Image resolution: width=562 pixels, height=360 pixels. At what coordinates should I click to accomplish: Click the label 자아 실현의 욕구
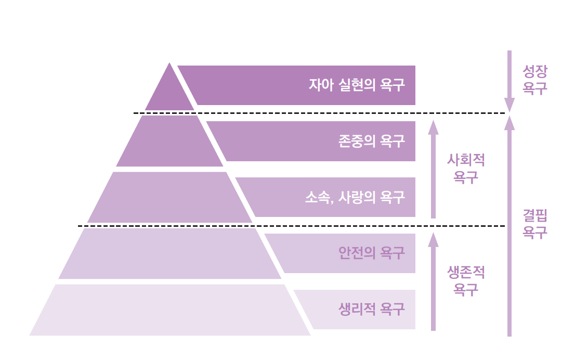point(356,85)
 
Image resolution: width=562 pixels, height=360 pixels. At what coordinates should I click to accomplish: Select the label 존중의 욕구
point(371,141)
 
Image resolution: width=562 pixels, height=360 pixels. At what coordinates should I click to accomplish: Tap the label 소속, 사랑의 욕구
point(355,197)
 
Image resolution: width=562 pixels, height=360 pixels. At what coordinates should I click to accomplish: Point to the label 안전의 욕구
point(371,253)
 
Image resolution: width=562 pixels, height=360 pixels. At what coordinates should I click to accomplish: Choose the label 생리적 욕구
point(371,310)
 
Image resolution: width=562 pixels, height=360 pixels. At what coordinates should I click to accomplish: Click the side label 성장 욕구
point(535,80)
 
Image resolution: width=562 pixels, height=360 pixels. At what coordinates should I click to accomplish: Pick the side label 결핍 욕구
point(535,224)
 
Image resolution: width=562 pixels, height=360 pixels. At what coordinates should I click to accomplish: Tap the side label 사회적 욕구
point(466,169)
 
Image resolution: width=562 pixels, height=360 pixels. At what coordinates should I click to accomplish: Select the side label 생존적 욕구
point(466,280)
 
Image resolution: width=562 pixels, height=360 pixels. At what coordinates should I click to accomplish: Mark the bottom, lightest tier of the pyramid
point(170,310)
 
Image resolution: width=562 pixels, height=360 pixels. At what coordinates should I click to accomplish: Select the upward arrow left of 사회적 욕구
point(433,169)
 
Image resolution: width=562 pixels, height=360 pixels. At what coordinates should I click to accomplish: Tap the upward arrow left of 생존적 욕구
point(433,281)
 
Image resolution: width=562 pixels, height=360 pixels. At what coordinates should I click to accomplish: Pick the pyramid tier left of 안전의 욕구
point(169,253)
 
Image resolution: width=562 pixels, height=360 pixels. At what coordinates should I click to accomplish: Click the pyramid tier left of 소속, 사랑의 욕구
point(169,197)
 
